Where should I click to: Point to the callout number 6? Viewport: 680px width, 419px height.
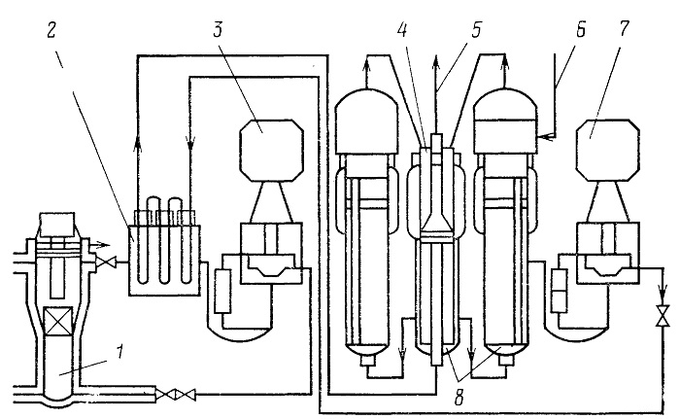(580, 30)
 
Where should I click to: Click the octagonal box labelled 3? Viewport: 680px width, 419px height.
(271, 151)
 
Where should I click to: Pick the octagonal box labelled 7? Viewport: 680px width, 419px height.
(607, 151)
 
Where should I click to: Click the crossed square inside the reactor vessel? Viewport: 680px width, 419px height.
(58, 322)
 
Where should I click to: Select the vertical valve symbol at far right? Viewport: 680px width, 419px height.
(663, 316)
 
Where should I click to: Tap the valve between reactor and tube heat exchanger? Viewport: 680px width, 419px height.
(105, 262)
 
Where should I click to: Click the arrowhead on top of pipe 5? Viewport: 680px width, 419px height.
(436, 61)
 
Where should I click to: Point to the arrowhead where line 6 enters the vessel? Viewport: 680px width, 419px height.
(544, 136)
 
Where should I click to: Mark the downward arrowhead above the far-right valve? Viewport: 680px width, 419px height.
(663, 289)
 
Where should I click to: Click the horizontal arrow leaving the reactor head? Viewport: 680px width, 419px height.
(100, 244)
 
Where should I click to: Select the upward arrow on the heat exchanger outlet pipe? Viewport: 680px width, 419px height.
(138, 143)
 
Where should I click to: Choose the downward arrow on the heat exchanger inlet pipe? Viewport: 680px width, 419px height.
(190, 142)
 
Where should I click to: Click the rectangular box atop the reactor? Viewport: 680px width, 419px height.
(56, 225)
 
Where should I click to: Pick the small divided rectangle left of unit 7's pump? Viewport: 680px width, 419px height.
(560, 291)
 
